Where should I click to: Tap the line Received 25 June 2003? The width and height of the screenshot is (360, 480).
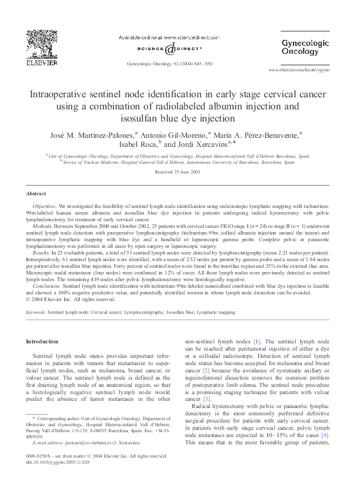click(x=180, y=172)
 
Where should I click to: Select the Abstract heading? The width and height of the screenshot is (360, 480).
click(x=36, y=193)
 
